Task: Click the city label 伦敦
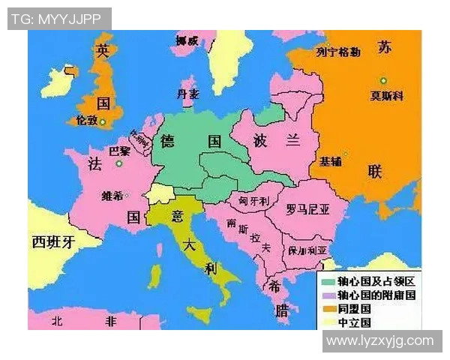(x=86, y=120)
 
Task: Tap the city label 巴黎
(x=119, y=150)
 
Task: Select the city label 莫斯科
(x=387, y=96)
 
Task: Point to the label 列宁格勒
(x=337, y=52)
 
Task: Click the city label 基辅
(x=331, y=161)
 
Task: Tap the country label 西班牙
(x=54, y=241)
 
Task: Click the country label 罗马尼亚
(x=307, y=210)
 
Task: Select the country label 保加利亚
(x=307, y=250)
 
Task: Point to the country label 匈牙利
(x=253, y=202)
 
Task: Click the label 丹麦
(x=187, y=94)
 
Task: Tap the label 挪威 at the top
(x=186, y=41)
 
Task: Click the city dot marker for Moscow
(x=383, y=80)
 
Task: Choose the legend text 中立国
(x=355, y=322)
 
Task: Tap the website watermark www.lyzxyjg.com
(x=380, y=341)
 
